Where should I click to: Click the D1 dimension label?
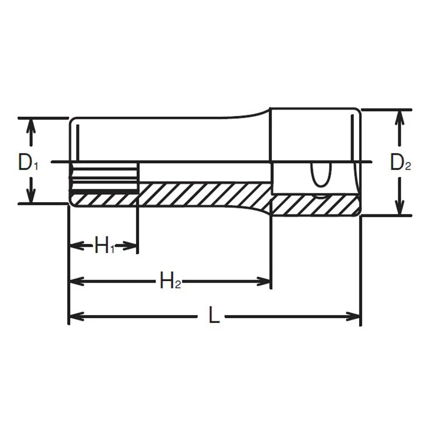coord(28,162)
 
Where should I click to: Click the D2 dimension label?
coord(400,162)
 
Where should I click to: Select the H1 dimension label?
coord(104,247)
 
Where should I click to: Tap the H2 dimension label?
coord(170,281)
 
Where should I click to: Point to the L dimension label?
coord(214,317)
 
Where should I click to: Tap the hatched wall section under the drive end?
coord(314,205)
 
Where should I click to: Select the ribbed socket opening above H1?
coord(104,178)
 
